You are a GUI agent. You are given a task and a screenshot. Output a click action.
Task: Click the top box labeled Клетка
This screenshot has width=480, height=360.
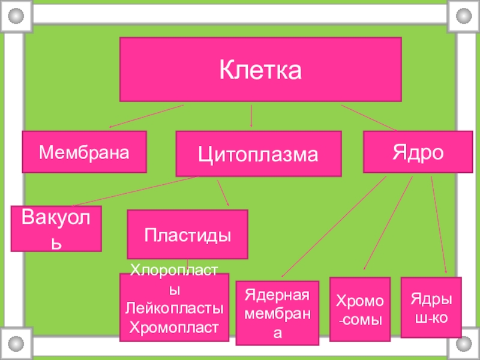tap(260, 70)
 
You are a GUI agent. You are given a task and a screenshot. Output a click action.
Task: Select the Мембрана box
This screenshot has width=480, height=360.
tap(85, 152)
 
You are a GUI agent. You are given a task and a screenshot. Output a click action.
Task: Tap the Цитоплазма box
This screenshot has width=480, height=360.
tap(258, 154)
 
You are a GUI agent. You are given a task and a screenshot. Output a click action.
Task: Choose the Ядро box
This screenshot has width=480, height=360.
tap(418, 151)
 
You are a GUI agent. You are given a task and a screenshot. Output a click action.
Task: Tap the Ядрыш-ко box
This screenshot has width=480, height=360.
tap(431, 307)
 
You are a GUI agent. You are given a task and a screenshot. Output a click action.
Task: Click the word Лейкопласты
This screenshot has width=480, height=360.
tap(175, 308)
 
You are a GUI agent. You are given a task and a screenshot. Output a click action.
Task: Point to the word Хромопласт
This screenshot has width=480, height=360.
tap(175, 327)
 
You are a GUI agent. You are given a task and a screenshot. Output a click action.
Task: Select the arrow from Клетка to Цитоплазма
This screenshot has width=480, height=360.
tap(251, 116)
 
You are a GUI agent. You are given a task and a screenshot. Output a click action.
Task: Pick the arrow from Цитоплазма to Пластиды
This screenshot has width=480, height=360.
tap(223, 193)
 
